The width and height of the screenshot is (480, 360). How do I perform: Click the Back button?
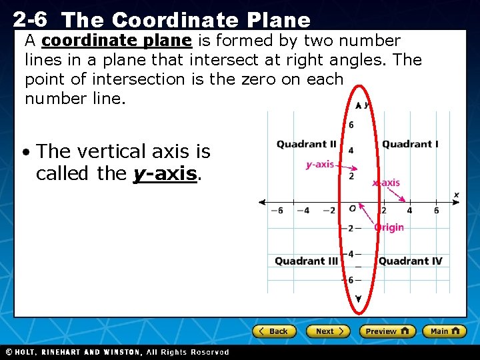point(273,331)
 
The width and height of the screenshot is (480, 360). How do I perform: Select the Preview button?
point(387,331)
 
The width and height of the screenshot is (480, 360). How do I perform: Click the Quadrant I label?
point(410,144)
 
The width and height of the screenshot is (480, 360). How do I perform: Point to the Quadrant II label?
point(306,144)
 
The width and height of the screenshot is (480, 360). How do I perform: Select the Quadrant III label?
point(306,261)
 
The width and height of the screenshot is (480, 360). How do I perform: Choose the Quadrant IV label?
point(410,261)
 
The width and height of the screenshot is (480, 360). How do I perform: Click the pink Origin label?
point(389,227)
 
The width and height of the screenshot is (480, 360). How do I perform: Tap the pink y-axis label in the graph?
point(319,164)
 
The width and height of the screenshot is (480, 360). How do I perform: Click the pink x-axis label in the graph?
point(386,183)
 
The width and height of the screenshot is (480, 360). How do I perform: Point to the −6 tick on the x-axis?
point(276,211)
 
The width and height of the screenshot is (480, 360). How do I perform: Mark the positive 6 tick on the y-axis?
point(351,125)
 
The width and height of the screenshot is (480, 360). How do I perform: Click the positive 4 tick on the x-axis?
point(409,211)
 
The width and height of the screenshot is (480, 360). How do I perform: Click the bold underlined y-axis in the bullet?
point(165,173)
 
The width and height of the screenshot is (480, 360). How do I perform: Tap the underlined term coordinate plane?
point(117,41)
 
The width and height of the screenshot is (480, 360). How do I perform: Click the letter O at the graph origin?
point(352,209)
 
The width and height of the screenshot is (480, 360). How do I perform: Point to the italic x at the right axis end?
point(457,195)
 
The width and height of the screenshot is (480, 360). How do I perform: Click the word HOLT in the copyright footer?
point(25,352)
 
